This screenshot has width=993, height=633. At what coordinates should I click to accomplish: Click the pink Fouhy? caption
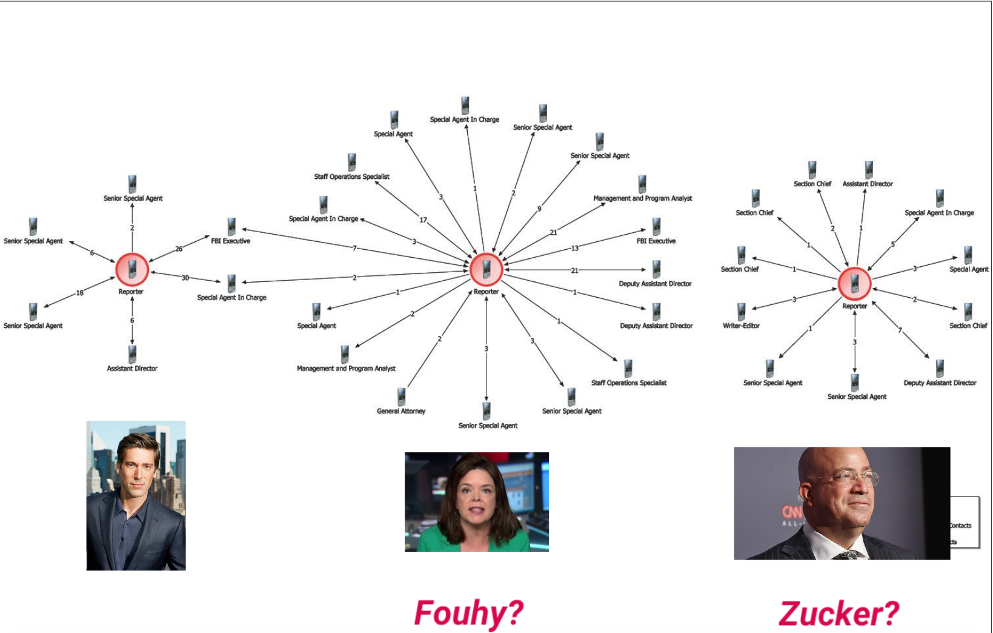pyautogui.click(x=468, y=613)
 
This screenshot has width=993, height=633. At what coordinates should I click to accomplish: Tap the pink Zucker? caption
pyautogui.click(x=839, y=614)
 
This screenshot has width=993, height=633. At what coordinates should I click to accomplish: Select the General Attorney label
pyautogui.click(x=400, y=411)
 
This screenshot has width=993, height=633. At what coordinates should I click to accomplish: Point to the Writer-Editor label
pyautogui.click(x=741, y=326)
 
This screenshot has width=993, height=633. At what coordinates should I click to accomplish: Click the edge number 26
pyautogui.click(x=179, y=249)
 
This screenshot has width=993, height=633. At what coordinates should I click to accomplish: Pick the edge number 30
pyautogui.click(x=185, y=278)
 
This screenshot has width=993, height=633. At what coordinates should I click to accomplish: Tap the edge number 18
pyautogui.click(x=80, y=293)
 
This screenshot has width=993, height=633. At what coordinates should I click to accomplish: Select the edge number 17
pyautogui.click(x=423, y=220)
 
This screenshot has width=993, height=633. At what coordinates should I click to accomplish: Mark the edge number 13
pyautogui.click(x=574, y=249)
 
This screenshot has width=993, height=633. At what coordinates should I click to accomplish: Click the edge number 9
pyautogui.click(x=539, y=209)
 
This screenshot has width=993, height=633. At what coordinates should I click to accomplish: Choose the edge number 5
pyautogui.click(x=893, y=244)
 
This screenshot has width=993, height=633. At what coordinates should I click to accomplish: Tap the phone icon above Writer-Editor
pyautogui.click(x=741, y=312)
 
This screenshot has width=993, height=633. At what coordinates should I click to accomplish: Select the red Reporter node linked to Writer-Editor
pyautogui.click(x=854, y=284)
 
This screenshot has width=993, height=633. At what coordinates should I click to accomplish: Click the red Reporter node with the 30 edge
pyautogui.click(x=132, y=270)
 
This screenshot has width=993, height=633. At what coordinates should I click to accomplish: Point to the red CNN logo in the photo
pyautogui.click(x=792, y=513)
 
